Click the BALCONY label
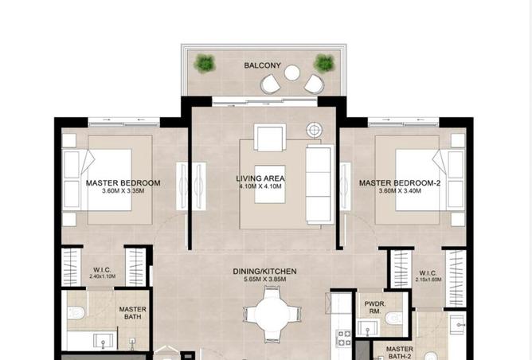[x=262, y=65]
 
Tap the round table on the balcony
[x=291, y=73]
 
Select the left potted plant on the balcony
[x=205, y=63]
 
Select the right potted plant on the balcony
[x=324, y=63]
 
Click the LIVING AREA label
[x=260, y=178]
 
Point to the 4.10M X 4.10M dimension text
[x=260, y=186]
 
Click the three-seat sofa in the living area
[x=319, y=183]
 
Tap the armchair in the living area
[x=270, y=137]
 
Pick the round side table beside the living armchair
[x=314, y=130]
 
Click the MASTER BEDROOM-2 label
[x=400, y=183]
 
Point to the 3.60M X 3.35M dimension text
[x=123, y=191]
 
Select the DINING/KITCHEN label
[x=264, y=272]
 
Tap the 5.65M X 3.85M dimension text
[x=264, y=280]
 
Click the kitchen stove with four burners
[x=343, y=338]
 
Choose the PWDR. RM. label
[x=375, y=307]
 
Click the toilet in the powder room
[x=393, y=319]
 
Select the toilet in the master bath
[x=75, y=313]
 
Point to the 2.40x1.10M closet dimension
[x=102, y=276]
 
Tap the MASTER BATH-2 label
[x=400, y=353]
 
